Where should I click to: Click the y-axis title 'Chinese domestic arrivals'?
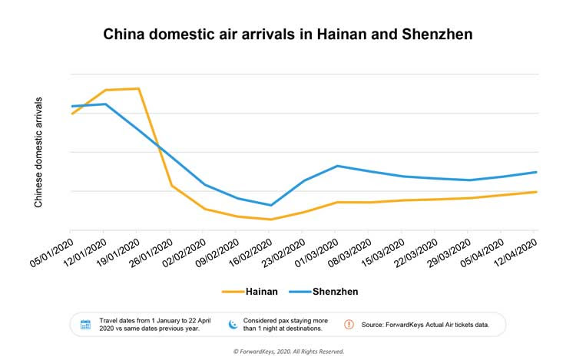coord(38,153)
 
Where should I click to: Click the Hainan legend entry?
coord(245,292)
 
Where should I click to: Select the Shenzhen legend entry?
coord(323,292)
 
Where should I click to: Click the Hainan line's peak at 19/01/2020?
coord(137,88)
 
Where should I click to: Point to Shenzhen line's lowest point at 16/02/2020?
coord(270,205)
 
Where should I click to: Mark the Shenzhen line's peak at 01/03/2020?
coord(337,166)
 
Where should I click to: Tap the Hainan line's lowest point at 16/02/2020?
coord(270,220)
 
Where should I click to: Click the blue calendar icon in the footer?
coord(85,324)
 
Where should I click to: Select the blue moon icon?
coord(233,324)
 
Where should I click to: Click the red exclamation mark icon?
coord(349,324)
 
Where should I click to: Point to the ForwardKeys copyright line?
coord(287,352)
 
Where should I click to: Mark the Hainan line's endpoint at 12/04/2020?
coord(535,192)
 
